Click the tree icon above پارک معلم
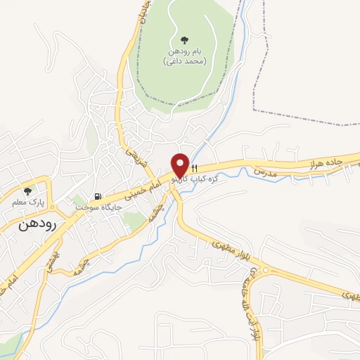pyautogui.click(x=28, y=191)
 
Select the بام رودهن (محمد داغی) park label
pyautogui.click(x=185, y=56)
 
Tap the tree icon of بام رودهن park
pyautogui.click(x=185, y=40)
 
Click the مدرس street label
pyautogui.click(x=267, y=172)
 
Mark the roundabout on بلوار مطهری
pyautogui.click(x=266, y=270)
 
